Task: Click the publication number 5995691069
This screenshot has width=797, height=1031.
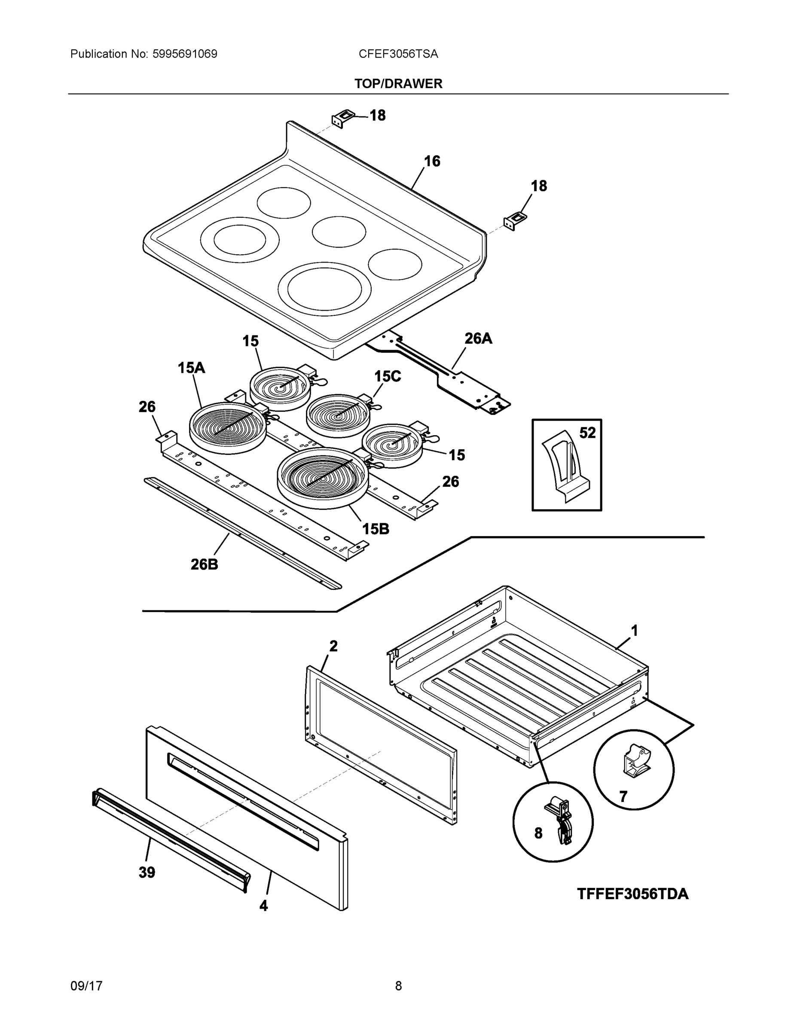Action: pos(185,54)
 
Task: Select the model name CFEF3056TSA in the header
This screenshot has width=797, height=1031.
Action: pos(398,54)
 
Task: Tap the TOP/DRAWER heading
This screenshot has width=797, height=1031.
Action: pos(398,84)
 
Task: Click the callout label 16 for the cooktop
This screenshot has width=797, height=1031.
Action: pos(431,162)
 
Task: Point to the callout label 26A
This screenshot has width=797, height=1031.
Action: pos(478,339)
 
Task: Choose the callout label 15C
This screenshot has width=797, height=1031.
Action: pos(387,376)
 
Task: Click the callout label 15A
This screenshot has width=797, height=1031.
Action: pos(191,368)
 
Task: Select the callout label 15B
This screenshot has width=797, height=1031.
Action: pos(376,529)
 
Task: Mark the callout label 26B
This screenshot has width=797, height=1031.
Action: pos(204,564)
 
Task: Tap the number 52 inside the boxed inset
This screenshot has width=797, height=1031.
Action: pos(587,433)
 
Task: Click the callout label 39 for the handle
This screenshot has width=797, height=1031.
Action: pos(147,872)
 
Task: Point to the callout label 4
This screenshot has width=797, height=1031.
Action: pos(263,906)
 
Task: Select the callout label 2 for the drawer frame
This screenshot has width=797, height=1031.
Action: pos(333,646)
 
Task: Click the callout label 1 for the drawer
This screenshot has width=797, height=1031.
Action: pos(635,630)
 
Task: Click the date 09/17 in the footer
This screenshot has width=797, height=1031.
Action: pos(86,986)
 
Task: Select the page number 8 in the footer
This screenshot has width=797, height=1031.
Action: pos(398,986)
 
